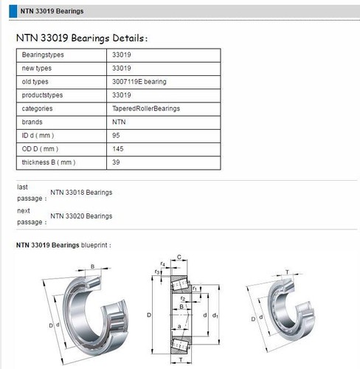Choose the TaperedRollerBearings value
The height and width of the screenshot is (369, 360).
[x=147, y=108]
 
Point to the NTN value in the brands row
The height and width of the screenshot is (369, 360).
[x=119, y=122]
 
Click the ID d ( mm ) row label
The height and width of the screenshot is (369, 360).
[x=38, y=135]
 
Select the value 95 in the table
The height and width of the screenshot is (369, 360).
[x=117, y=135]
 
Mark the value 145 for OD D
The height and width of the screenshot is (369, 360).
[x=118, y=148]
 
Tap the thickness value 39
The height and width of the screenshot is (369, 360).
[x=117, y=162]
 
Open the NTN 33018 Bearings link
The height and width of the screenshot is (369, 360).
[x=81, y=192]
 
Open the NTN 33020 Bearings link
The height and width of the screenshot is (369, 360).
[x=81, y=215]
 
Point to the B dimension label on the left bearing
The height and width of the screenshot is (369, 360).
[x=92, y=266]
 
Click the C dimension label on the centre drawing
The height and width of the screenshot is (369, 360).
[x=180, y=258]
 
